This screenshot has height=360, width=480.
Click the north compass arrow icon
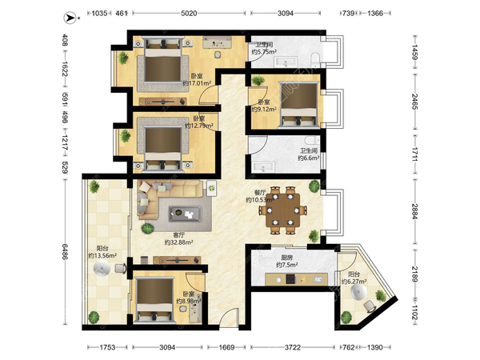point(70,18)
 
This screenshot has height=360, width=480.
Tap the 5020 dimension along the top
point(189,13)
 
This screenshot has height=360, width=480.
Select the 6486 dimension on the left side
point(65,252)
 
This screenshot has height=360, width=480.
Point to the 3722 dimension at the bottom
point(292,347)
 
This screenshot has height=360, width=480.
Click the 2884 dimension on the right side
point(414,211)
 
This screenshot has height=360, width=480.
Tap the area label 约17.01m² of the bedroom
point(197,83)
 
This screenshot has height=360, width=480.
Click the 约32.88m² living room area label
point(178,242)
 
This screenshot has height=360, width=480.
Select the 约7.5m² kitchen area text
point(287,265)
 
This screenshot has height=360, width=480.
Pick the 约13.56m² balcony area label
point(102,255)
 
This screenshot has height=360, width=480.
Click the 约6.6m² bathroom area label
point(309,158)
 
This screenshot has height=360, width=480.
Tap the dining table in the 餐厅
point(283,210)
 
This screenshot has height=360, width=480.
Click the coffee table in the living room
point(186,214)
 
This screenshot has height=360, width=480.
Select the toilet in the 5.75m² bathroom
point(314,58)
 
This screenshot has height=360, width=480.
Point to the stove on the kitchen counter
point(290,279)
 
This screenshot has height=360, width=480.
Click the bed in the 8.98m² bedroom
point(154,299)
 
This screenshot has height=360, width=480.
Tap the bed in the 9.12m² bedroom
point(298,104)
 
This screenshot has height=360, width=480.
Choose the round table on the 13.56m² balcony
point(102,269)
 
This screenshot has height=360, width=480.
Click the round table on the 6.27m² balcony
point(358,293)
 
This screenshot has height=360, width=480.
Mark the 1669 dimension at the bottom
point(226,347)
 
